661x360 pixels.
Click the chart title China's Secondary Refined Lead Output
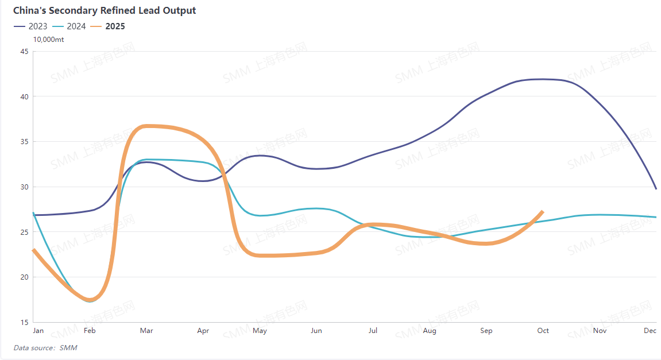tap(105, 10)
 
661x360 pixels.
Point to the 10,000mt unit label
tap(48, 40)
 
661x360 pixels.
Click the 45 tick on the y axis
tap(24, 51)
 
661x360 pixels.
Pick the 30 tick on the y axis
tap(24, 187)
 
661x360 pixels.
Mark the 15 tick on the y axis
tap(24, 322)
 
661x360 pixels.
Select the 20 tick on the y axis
tap(24, 277)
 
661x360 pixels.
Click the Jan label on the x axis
tap(38, 331)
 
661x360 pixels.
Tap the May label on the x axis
tap(260, 331)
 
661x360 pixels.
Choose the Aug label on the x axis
tap(429, 331)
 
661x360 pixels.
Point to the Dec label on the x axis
tap(650, 331)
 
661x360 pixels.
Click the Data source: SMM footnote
tap(45, 347)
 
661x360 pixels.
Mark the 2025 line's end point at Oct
tap(542, 212)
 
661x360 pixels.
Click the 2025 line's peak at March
tap(146, 126)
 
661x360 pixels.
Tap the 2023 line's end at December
tap(655, 188)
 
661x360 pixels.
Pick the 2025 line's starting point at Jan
tap(34, 250)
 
